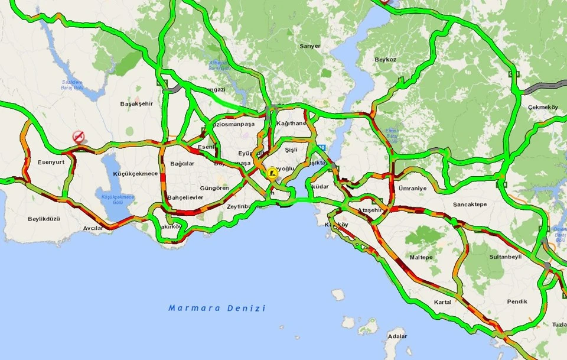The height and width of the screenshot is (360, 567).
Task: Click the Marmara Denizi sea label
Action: (217, 308)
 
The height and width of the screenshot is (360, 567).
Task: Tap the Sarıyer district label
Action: (309, 46)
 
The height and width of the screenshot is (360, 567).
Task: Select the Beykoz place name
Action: (384, 60)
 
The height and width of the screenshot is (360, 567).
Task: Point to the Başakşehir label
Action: (136, 103)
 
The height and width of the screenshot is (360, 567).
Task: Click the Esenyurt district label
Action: (50, 162)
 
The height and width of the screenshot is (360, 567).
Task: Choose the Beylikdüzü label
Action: (44, 219)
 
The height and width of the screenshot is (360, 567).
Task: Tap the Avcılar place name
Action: (93, 228)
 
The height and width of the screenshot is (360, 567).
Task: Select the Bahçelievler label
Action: (185, 197)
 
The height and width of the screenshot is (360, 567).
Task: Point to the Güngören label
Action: (214, 188)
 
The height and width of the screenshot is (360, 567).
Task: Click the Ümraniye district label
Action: (412, 188)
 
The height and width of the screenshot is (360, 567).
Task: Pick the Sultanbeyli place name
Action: (506, 257)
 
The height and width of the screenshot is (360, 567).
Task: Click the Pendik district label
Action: (517, 301)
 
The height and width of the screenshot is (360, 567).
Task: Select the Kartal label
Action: (442, 302)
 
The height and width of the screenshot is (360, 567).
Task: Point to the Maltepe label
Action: (421, 257)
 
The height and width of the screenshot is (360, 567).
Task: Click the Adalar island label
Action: (396, 336)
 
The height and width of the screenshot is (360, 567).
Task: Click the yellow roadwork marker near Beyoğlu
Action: (272, 173)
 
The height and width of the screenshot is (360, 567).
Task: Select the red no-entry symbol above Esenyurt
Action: (79, 137)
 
